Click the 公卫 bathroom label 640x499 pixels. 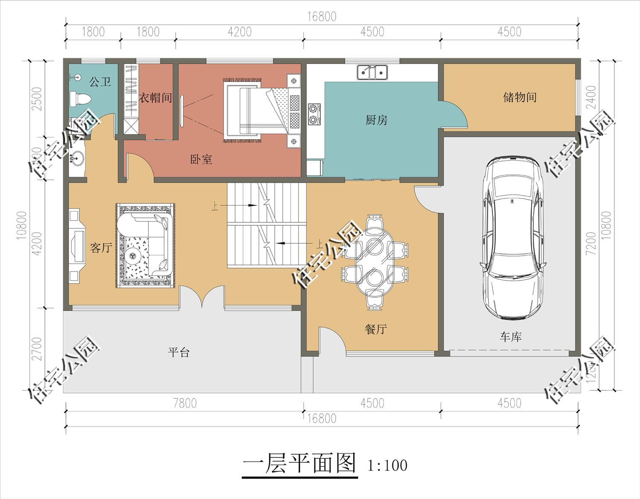100,81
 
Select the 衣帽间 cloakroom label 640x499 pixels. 155,98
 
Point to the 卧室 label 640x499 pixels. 201,160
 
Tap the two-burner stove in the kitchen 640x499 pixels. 314,114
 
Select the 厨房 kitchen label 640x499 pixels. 376,120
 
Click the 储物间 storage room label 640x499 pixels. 519,97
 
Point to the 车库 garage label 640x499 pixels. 511,337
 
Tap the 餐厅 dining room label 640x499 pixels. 376,329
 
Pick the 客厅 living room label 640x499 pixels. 101,248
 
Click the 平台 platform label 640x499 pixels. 178,353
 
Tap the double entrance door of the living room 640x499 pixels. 202,297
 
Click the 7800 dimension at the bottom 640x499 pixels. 185,403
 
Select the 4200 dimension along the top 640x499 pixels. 239,32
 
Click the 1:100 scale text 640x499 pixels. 387,465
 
